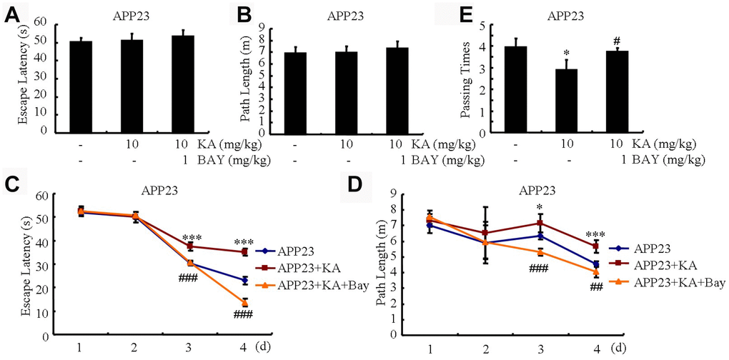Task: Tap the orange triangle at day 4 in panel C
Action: click(245, 303)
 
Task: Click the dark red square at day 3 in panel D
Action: click(540, 223)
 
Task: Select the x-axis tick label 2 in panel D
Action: click(485, 348)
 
